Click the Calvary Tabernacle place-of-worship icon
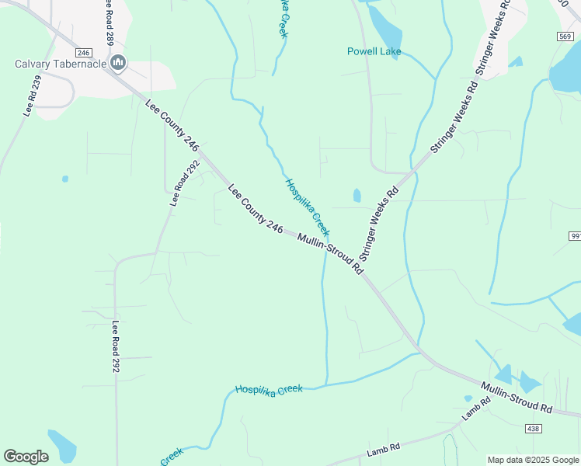[118, 63]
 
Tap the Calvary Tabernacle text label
[61, 64]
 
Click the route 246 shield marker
[85, 52]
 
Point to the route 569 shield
[565, 37]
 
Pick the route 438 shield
[532, 428]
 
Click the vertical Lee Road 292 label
[116, 346]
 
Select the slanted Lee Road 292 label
[185, 183]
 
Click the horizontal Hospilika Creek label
[268, 388]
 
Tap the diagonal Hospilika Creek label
[307, 208]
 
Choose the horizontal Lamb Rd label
[384, 448]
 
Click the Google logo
[26, 457]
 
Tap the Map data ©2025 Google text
[533, 460]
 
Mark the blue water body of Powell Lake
[386, 29]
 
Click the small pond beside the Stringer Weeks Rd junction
[357, 195]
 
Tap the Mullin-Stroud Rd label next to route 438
[516, 397]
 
